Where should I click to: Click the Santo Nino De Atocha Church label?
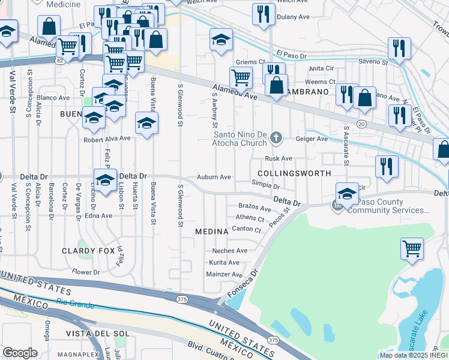[x=241, y=139]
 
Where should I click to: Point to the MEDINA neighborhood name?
[x=211, y=231]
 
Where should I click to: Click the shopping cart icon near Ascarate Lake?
[x=412, y=249]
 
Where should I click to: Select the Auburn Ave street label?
[x=214, y=178]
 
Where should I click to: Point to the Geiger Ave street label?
[x=312, y=139]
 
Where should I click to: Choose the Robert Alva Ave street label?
[x=107, y=138]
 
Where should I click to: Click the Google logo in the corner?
[x=20, y=353]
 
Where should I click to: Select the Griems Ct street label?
[x=250, y=62]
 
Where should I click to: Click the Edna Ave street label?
[x=98, y=215]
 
